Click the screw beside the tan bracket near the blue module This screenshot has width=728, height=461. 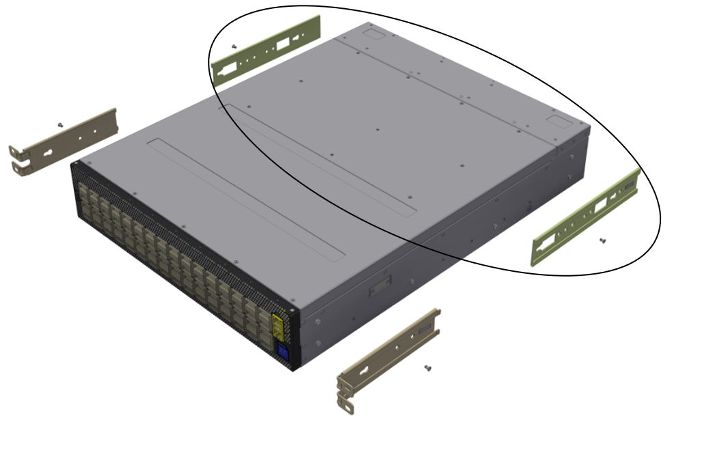point(428,368)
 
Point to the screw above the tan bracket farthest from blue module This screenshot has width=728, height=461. point(60,124)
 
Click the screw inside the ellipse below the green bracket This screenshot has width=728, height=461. point(602,240)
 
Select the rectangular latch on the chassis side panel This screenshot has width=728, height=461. point(380,288)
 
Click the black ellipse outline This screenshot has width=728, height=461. point(660,219)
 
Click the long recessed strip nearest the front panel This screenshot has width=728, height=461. point(246,198)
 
